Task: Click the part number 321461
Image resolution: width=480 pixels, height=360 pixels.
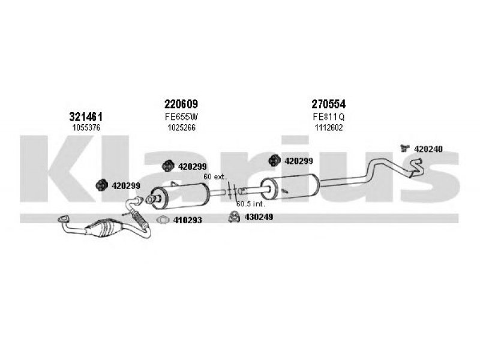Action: click(86, 116)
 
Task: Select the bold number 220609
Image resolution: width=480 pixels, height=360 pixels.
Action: click(181, 104)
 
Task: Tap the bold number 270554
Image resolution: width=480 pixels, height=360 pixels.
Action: click(328, 104)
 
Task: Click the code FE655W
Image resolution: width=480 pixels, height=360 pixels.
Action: click(182, 116)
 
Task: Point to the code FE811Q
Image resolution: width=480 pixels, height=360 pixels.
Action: click(328, 116)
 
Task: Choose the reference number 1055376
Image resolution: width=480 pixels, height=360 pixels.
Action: click(86, 127)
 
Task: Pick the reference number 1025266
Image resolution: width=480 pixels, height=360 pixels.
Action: click(182, 127)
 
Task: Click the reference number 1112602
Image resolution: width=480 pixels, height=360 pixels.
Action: click(329, 127)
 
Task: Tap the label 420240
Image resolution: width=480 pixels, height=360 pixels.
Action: click(428, 149)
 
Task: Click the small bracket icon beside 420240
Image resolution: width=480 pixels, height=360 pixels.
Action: click(405, 148)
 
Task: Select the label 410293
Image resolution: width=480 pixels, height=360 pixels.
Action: click(187, 220)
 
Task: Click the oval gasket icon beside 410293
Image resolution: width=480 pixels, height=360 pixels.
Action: click(163, 220)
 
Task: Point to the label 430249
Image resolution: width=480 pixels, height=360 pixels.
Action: click(259, 217)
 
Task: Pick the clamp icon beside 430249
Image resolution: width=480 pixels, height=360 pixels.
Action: click(234, 217)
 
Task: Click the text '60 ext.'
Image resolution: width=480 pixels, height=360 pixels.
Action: click(215, 176)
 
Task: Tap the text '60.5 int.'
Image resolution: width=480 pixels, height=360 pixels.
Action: click(250, 203)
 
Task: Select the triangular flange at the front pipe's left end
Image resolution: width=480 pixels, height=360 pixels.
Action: click(64, 218)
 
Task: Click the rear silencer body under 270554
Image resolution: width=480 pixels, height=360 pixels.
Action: click(290, 187)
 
